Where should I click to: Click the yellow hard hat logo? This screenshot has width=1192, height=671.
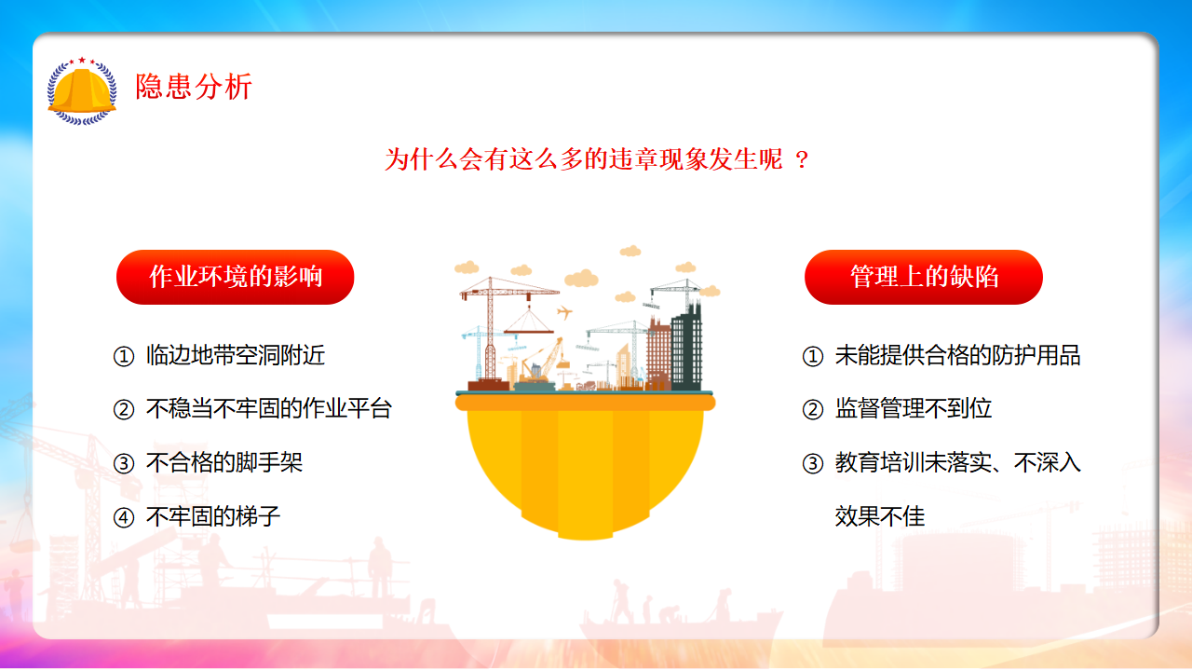click(x=82, y=91)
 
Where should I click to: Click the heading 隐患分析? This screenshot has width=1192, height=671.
click(x=193, y=87)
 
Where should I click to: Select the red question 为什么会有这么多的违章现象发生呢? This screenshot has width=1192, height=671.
click(x=584, y=159)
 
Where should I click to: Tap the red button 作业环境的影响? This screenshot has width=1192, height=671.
click(x=236, y=277)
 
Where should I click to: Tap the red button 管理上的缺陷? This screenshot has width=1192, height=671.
click(x=923, y=277)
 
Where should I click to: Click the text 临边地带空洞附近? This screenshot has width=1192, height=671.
click(x=236, y=355)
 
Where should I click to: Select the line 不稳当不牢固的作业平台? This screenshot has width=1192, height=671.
click(x=269, y=408)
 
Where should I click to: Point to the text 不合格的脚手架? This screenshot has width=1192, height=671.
click(x=224, y=462)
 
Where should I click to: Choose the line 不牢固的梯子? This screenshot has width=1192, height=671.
click(x=213, y=516)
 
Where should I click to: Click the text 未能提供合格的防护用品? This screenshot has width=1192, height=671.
click(x=958, y=355)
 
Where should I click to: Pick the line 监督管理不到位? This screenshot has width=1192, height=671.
click(x=914, y=408)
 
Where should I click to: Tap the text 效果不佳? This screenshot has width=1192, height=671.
click(x=880, y=516)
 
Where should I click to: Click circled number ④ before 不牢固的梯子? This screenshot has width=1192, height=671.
click(x=124, y=517)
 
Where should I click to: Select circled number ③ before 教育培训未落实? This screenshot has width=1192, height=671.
click(x=813, y=464)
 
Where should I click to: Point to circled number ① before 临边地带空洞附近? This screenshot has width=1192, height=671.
click(x=124, y=357)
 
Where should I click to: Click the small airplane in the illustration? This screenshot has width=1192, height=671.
click(x=564, y=312)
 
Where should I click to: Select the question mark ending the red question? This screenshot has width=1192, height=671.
click(x=802, y=159)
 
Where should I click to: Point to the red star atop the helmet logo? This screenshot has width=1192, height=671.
click(x=82, y=61)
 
